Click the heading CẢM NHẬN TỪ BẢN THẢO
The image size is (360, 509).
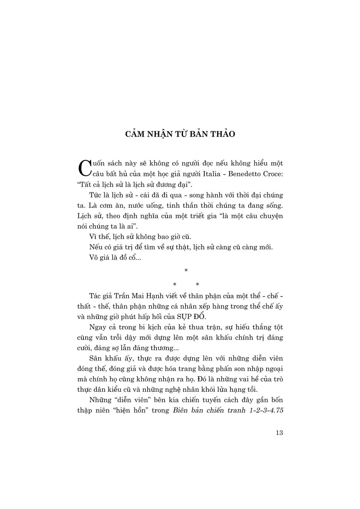coord(180,134)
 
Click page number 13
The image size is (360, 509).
coord(279,433)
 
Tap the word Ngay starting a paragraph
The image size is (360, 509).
coord(96,327)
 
